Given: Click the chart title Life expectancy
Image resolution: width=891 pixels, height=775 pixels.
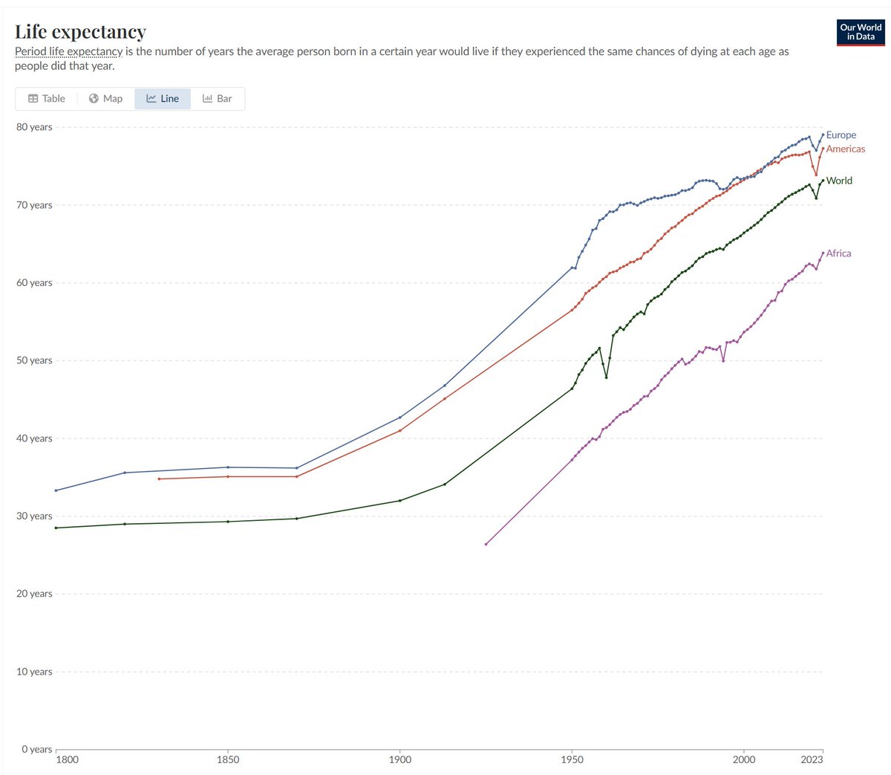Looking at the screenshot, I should click(x=80, y=32).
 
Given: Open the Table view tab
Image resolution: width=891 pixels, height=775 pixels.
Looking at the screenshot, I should click(x=47, y=99).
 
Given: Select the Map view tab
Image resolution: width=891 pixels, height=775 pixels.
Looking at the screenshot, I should click(x=105, y=99).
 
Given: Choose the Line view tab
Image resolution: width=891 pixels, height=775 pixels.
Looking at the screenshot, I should click(x=163, y=99).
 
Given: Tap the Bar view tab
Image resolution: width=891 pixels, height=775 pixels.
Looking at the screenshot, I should click(x=218, y=99).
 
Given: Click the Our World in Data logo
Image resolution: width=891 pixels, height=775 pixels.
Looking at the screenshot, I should click(x=861, y=32).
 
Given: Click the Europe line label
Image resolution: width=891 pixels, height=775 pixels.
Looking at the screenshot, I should click(x=841, y=135).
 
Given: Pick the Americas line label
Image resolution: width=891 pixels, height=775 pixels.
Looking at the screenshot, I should click(x=845, y=149).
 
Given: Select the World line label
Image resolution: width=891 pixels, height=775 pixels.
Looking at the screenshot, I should click(x=839, y=181).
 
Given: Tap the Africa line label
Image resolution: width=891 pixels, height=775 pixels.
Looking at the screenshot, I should click(x=838, y=253).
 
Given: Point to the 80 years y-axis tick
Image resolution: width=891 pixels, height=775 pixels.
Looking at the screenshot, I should click(x=34, y=127).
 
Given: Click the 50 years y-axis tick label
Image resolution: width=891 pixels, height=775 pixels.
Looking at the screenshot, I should click(x=34, y=360).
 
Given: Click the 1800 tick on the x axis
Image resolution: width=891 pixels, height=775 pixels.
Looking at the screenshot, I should click(x=67, y=759).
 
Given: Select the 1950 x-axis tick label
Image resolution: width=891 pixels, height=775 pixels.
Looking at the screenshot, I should click(x=572, y=759).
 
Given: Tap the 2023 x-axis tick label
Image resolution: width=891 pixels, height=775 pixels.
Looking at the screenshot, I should click(x=812, y=759).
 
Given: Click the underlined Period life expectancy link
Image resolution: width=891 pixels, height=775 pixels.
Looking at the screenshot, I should click(x=68, y=52).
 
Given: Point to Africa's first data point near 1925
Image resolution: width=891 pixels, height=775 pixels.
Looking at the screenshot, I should click(x=486, y=544).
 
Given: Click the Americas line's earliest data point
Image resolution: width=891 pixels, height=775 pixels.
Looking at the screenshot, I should click(x=159, y=479).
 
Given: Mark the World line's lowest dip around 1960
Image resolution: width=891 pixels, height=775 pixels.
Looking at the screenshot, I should click(x=607, y=377).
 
